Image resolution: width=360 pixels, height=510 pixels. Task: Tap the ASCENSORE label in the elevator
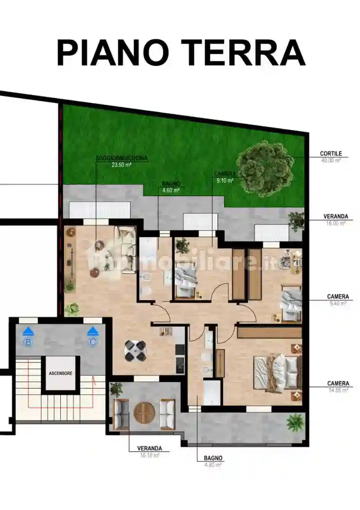tap(61, 374)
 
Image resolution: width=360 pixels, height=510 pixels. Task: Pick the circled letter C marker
tap(92, 342)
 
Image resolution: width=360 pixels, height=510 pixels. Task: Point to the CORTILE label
tap(331, 153)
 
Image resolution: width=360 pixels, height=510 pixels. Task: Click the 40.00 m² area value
tap(331, 160)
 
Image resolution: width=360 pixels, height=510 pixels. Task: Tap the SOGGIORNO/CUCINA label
tap(122, 158)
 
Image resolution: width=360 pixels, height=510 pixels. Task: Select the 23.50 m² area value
tap(122, 165)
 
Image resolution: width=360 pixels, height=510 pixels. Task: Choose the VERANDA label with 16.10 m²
tap(150, 448)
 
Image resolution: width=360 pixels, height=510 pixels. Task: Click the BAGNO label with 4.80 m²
tap(213, 458)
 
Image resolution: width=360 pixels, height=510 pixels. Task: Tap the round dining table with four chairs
tap(135, 350)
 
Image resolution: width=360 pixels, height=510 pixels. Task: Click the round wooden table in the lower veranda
tap(144, 412)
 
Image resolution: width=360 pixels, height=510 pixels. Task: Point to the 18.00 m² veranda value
tap(335, 223)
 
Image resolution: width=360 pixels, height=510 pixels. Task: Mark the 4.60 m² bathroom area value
tap(171, 191)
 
